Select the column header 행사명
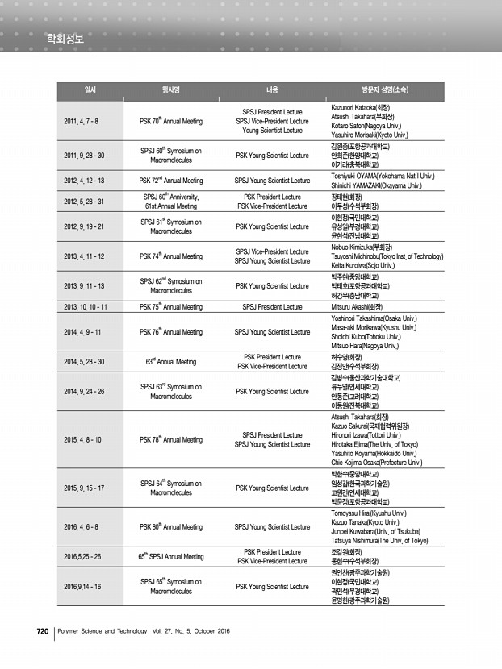pos(170,91)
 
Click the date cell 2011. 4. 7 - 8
pos(81,121)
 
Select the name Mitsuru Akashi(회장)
pos(357,307)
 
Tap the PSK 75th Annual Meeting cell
pos(171,307)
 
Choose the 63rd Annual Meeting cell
pos(171,362)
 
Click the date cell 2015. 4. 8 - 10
pos(82,440)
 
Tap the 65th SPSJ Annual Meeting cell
pos(171,556)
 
